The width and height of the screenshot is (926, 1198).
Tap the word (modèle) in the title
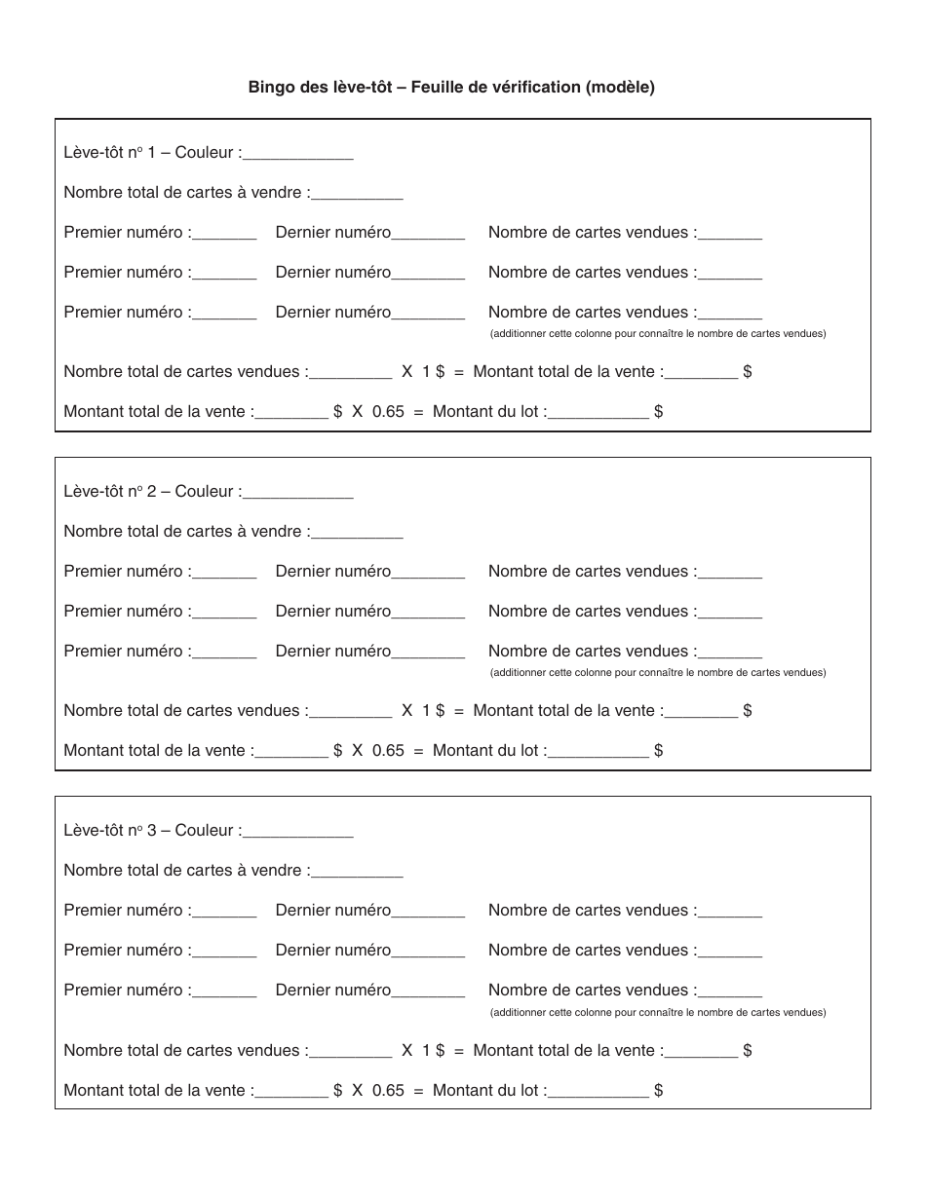tap(620, 88)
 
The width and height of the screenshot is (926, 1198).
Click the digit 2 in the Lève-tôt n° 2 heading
tap(152, 492)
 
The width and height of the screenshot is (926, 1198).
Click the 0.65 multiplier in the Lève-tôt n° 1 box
tap(388, 412)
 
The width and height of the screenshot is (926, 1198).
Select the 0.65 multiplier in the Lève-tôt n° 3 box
tap(388, 1091)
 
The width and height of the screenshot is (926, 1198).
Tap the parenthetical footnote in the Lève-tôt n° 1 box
tap(658, 334)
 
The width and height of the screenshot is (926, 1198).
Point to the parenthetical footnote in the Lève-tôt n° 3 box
tap(658, 1013)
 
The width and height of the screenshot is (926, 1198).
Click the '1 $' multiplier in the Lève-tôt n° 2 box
tap(433, 711)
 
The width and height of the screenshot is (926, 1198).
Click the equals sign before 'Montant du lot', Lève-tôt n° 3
tap(418, 1091)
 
